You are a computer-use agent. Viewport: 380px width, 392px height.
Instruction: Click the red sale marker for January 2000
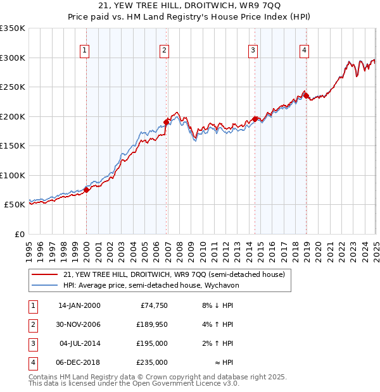pyautogui.click(x=87, y=190)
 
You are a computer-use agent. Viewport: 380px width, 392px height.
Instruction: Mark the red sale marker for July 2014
pyautogui.click(x=255, y=119)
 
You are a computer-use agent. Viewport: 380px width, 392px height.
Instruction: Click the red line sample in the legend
pyautogui.click(x=45, y=274)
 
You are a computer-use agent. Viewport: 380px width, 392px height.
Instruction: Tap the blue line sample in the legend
pyautogui.click(x=45, y=285)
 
